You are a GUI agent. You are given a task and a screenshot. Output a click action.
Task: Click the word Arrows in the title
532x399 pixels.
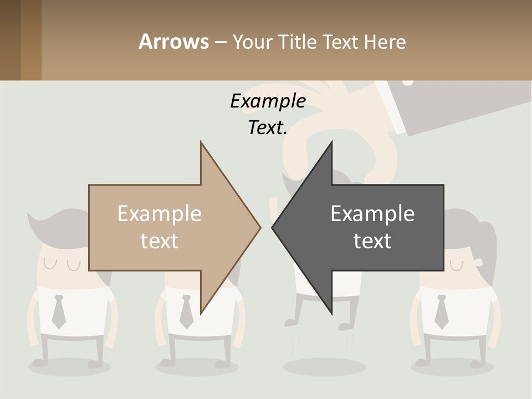173,42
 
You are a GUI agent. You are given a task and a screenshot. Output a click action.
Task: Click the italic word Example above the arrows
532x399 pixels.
268,101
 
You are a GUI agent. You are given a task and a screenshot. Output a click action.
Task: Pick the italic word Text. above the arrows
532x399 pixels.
268,128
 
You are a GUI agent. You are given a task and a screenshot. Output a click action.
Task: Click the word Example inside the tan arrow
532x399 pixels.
160,214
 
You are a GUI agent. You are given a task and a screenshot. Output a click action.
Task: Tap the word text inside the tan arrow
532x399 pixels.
160,241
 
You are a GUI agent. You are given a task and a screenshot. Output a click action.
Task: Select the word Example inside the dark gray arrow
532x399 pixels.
372,214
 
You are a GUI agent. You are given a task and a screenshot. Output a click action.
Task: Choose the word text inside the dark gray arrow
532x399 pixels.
372,241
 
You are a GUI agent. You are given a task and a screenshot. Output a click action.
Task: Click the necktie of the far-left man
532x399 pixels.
59,311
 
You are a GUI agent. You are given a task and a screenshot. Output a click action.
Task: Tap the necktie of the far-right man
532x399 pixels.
441,311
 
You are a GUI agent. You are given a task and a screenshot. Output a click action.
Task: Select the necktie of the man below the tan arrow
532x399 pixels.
186,311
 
